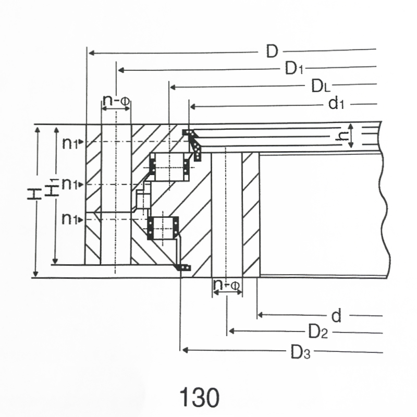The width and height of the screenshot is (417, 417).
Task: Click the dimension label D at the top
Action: [272, 51]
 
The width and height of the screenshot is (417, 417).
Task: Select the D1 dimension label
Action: [294, 68]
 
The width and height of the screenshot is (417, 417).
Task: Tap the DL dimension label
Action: [321, 86]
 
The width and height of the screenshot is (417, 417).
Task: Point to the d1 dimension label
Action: [336, 103]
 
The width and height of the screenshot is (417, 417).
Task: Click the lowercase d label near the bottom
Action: [336, 316]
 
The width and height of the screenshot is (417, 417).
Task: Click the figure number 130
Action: [200, 398]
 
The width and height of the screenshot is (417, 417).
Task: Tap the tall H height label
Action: [34, 194]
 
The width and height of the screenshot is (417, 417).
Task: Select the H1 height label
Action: [51, 187]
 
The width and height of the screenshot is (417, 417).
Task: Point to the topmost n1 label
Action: [70, 144]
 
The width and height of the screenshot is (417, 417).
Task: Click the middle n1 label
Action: [70, 184]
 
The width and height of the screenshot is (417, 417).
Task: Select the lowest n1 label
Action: [70, 219]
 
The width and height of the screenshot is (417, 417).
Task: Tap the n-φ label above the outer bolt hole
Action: [116, 100]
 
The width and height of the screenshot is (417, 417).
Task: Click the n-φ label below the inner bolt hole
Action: [227, 285]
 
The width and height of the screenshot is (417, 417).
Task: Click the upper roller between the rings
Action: [170, 166]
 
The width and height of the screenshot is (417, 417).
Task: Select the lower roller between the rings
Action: [163, 228]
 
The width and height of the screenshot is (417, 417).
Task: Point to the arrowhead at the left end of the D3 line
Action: [185, 350]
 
